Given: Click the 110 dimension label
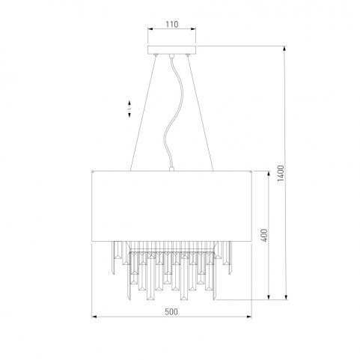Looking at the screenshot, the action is [172, 25].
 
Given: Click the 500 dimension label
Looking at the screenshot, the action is [171, 311].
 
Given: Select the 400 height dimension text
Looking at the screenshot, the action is [264, 235].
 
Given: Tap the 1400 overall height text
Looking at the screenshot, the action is [281, 174].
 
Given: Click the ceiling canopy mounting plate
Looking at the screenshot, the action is [171, 50].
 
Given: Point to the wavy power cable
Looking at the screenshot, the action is [173, 112].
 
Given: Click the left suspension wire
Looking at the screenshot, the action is [143, 114].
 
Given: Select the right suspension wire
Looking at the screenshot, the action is [201, 114].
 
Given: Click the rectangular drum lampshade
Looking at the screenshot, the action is [171, 206].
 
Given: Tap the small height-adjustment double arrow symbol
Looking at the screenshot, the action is [129, 109].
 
